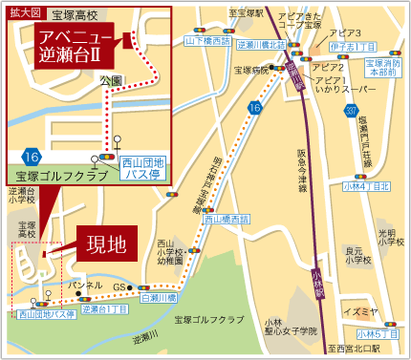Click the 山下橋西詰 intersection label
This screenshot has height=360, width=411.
pyautogui.click(x=207, y=43)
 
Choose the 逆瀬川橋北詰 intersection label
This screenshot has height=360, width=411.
pyautogui.click(x=261, y=44)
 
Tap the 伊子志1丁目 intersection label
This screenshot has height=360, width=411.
pyautogui.click(x=351, y=45)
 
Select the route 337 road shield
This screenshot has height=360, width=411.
pyautogui.click(x=351, y=115)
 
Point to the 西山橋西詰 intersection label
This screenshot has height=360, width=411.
pyautogui.click(x=227, y=219)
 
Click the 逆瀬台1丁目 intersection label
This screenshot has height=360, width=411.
pyautogui.click(x=105, y=309)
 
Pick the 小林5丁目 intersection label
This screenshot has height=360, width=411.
pyautogui.click(x=377, y=333)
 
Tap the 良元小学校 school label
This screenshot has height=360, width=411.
pyautogui.click(x=358, y=253)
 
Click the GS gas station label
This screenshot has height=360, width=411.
pyautogui.click(x=119, y=287)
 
